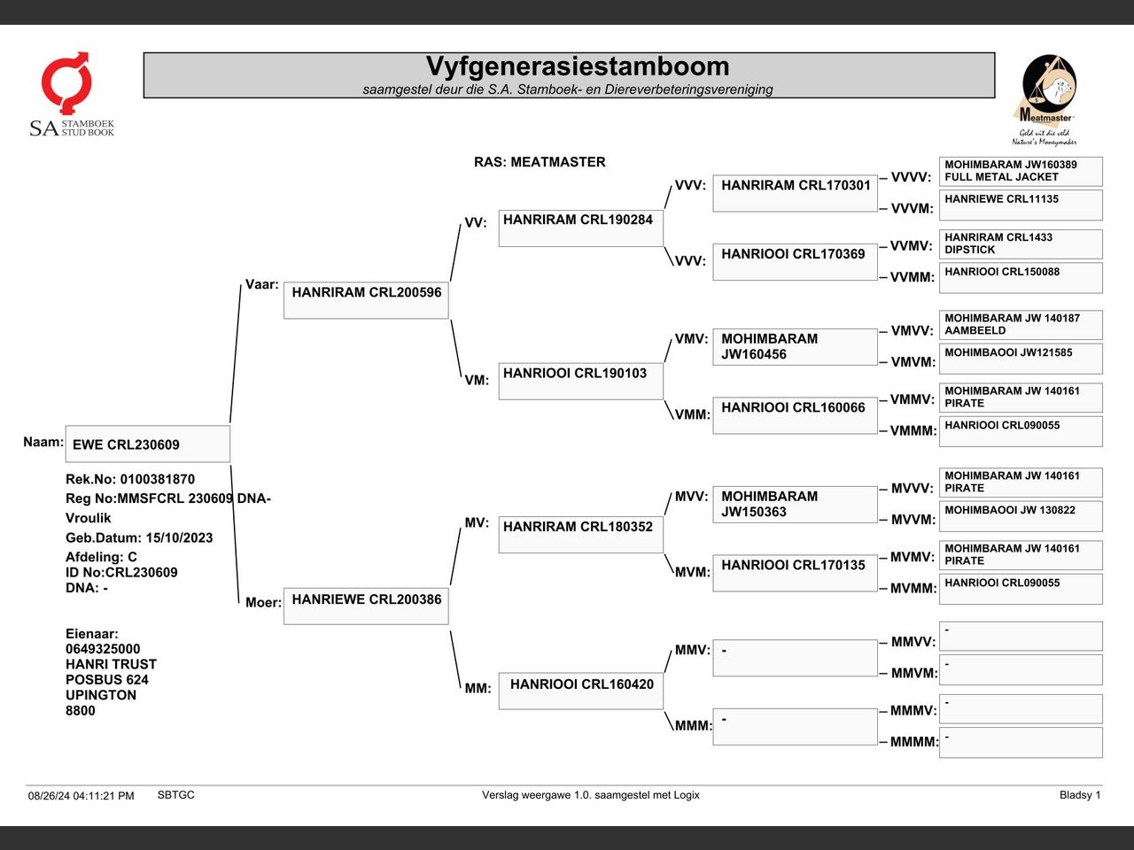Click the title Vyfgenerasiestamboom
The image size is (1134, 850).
coord(577,66)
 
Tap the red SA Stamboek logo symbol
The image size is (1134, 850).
coord(66,82)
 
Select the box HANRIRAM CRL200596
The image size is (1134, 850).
coord(366,300)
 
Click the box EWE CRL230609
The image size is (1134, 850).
coord(148,444)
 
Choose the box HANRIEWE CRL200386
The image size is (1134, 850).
coord(366,606)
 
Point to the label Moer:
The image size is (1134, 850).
coord(263,602)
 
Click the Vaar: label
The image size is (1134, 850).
coord(261,284)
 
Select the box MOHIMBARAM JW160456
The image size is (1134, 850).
coord(795,347)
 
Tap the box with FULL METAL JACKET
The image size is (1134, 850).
coord(1021,172)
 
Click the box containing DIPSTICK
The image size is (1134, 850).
coord(1021,244)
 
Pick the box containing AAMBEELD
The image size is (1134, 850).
coord(1021,325)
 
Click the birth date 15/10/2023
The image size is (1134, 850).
coord(179,537)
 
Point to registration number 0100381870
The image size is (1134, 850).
coord(158,479)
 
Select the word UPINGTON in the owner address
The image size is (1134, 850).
coord(101,695)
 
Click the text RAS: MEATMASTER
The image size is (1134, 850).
coord(540,162)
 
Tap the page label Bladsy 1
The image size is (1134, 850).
coord(1080,795)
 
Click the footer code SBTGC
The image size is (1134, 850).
coord(175,795)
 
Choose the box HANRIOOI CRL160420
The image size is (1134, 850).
coord(580,691)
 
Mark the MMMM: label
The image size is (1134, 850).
coord(913,742)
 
